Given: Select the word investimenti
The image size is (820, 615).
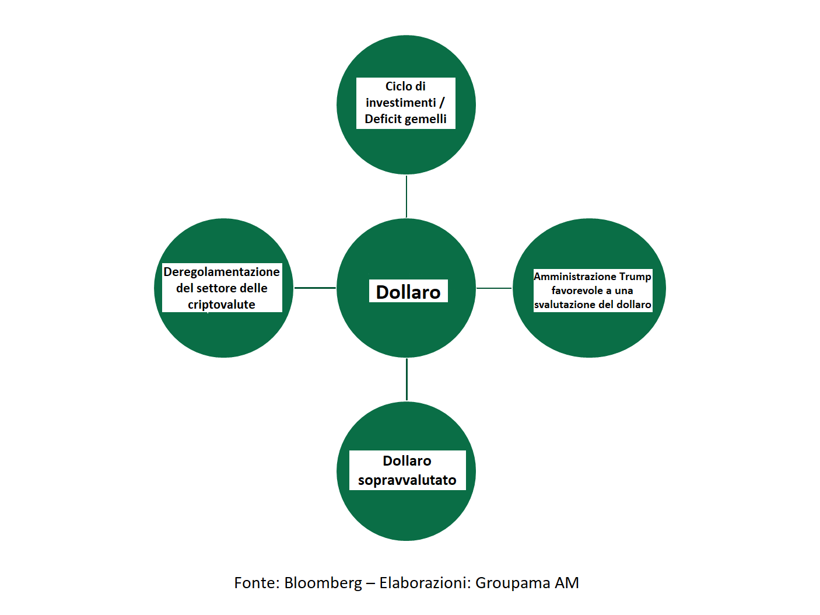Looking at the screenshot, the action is point(401,102).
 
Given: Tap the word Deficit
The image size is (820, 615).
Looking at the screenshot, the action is point(383,119).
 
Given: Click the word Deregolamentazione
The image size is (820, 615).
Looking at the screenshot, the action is point(222,272).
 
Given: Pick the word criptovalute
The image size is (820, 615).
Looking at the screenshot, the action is point(222,305).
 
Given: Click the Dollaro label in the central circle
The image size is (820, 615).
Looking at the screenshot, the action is point(408,292).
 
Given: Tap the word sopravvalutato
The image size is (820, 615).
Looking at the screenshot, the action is point(407,480).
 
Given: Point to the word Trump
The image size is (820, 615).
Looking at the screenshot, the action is point(635,277).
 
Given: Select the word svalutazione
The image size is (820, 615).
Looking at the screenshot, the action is point(565,305).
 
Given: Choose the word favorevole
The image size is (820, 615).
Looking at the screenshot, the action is point(577,291).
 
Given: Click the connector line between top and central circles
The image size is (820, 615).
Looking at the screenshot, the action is point(407,197).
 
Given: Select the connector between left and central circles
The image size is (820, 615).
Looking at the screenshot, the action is point(315,288).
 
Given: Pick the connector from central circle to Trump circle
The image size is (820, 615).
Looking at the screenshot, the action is point(494,288).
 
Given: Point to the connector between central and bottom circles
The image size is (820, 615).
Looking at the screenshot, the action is point(407,379).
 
